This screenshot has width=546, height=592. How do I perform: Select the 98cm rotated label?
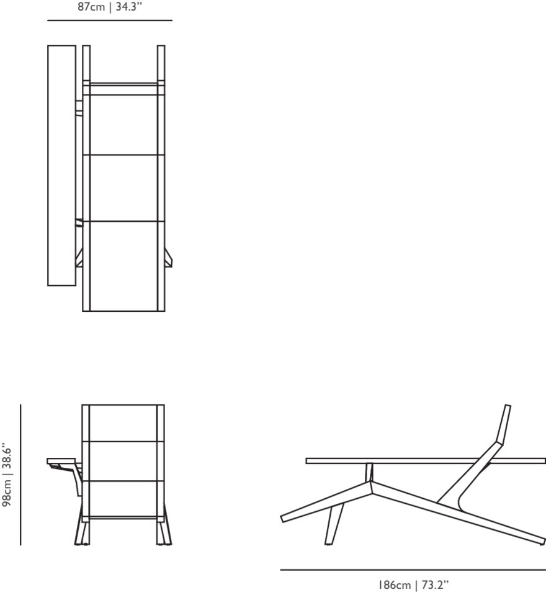point(7,492)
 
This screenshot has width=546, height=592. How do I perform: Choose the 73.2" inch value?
point(434,585)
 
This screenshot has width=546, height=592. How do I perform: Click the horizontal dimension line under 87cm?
point(110,20)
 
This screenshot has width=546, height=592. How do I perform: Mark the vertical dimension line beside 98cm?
point(20,475)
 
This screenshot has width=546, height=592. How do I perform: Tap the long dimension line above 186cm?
point(413,569)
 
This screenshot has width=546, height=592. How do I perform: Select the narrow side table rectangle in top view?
point(61,165)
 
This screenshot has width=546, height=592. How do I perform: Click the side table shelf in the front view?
point(62,462)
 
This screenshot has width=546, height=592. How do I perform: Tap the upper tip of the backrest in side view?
point(507,407)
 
